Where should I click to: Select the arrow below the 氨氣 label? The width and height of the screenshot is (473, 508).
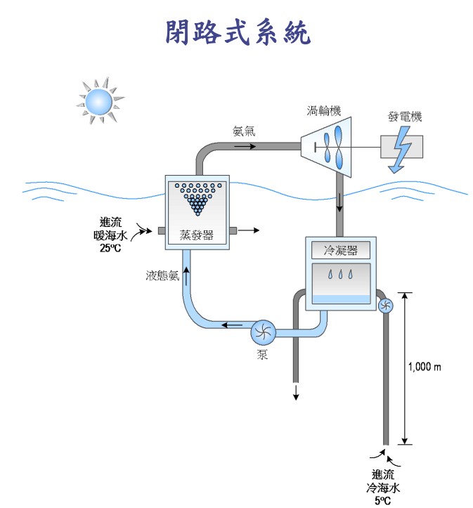click(245, 146)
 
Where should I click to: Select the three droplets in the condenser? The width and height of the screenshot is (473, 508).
click(341, 275)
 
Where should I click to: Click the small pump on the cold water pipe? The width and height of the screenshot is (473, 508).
click(386, 306)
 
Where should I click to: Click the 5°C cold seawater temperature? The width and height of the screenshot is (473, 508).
click(382, 500)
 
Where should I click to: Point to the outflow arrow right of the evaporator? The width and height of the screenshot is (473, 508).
click(251, 230)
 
